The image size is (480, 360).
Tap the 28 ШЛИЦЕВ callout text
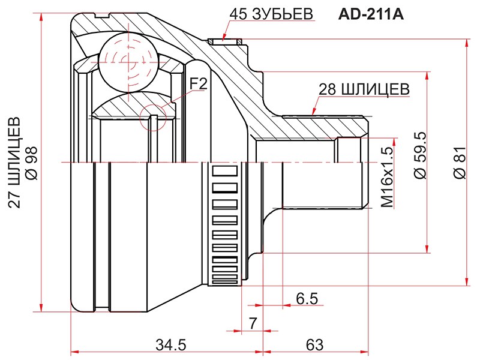pos(364,89)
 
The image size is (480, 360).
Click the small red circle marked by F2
pos(151,116)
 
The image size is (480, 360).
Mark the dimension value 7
pos(253,323)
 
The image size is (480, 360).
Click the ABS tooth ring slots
pos(225,222)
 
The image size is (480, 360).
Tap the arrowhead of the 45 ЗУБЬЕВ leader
pos(223,37)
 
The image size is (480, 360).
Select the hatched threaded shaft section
pos(324,127)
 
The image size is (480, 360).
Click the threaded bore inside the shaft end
pos(351,171)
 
